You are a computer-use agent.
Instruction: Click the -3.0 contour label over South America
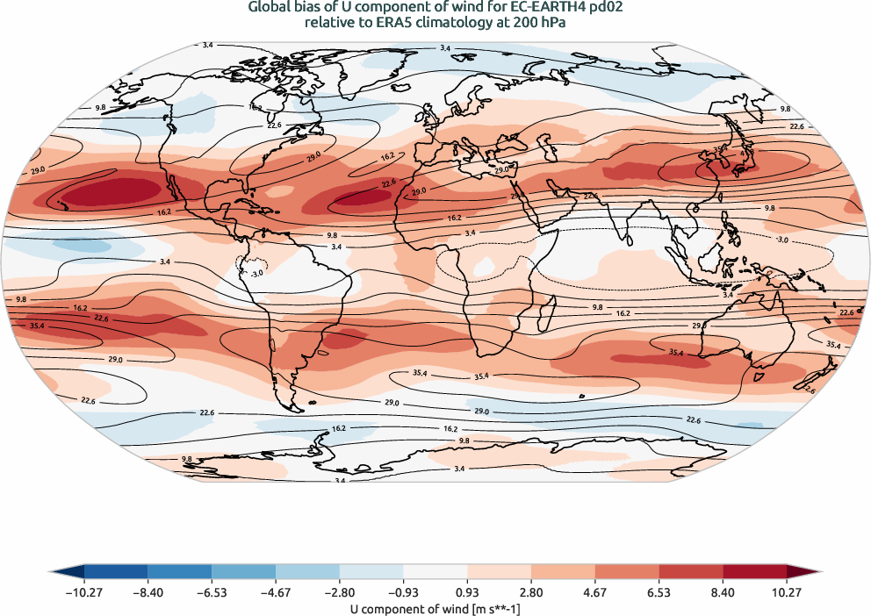(x=256, y=274)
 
